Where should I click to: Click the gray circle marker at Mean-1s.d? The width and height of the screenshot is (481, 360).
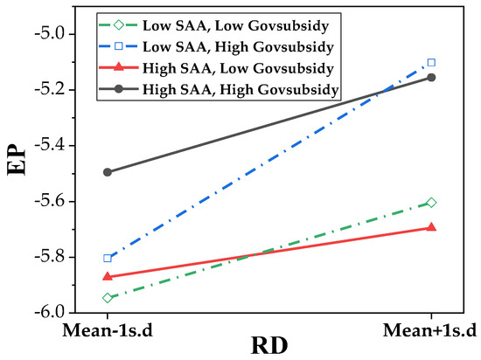(x=108, y=172)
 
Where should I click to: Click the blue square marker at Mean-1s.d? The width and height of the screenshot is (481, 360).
(x=108, y=258)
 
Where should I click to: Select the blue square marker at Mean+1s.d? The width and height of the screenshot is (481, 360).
(x=430, y=63)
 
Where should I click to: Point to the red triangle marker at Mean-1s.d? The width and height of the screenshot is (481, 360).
(x=108, y=276)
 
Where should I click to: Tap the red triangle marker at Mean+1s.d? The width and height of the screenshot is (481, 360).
(x=430, y=227)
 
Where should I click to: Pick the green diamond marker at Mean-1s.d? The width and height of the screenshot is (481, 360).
(x=108, y=298)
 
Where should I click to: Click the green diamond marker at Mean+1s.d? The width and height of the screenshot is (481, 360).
(x=430, y=203)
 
